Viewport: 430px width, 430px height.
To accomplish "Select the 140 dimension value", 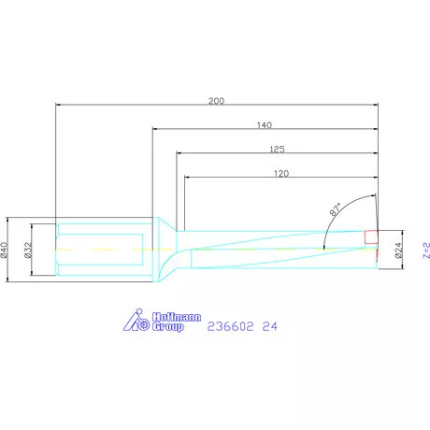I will point(264,124).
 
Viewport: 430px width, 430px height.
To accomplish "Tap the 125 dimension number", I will point(276,149).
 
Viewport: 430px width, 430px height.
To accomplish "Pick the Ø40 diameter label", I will point(7,250).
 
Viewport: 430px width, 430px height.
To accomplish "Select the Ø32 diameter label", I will point(30,250).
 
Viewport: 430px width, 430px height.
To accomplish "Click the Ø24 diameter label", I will point(399,250).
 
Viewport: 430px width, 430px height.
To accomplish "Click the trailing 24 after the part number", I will point(270,326).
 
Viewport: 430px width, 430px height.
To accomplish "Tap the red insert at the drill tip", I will point(370,236).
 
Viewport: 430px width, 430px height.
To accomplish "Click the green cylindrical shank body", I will point(103,250).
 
